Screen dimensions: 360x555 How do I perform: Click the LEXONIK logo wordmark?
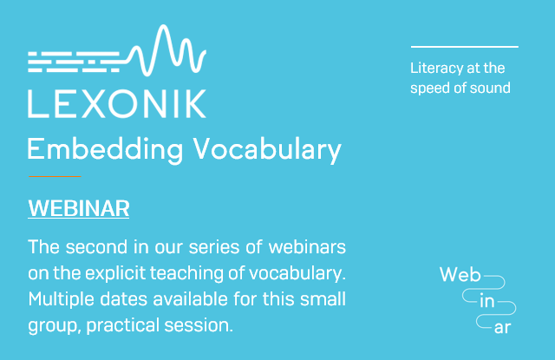[x=117, y=102]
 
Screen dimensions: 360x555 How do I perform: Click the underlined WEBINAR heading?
[x=79, y=209]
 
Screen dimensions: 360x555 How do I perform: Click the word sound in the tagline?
[x=492, y=88]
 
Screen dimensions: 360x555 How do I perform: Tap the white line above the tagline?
[x=464, y=46]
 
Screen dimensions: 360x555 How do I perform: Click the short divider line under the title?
[x=54, y=176]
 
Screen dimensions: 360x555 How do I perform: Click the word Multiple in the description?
[x=60, y=300]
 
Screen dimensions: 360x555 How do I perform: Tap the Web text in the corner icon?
[x=460, y=276]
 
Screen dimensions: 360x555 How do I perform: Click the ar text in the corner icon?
[x=502, y=328]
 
